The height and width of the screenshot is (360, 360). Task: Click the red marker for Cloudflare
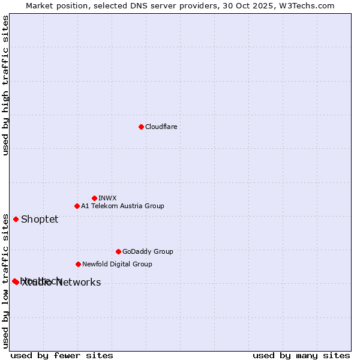point(141,127)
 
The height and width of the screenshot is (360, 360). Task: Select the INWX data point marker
point(94,198)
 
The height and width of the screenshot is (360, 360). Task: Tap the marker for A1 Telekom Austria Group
point(77,206)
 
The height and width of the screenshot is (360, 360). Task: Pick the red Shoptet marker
point(16,219)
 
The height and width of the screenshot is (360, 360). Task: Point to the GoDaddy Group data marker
point(118,251)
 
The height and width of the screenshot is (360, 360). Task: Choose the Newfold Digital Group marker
point(78,264)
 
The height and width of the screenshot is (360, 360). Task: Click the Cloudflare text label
point(161,127)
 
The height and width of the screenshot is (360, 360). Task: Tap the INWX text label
point(107,198)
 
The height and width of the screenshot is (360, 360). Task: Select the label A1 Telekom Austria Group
point(122,206)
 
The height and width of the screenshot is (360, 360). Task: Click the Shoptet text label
point(40,219)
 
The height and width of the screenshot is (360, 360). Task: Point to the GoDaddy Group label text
point(148,251)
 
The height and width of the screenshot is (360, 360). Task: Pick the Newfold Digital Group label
point(117,264)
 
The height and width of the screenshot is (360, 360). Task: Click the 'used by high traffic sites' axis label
point(5,85)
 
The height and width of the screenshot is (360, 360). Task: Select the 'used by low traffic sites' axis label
point(5,280)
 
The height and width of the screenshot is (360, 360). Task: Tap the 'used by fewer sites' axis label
point(62,355)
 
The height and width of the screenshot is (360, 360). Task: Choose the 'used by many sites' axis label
point(301,355)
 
